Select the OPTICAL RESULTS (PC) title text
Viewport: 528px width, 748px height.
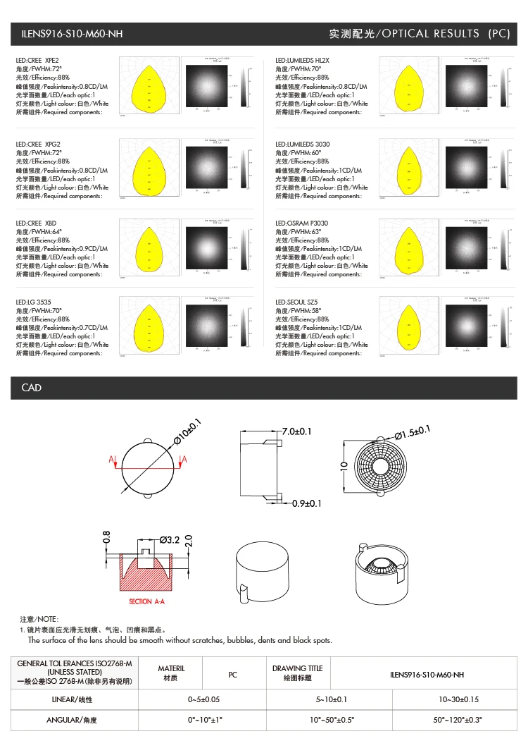tap(419, 34)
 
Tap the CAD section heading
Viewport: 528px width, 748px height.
tap(32, 388)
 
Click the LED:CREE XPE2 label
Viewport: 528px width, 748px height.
tap(38, 61)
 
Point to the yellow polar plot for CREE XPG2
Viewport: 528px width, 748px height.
tap(149, 166)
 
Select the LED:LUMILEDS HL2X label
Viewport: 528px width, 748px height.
tap(302, 61)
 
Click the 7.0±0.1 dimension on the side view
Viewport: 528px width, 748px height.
tap(296, 431)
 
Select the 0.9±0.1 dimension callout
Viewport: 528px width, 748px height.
tap(307, 503)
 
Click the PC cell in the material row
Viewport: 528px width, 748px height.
tap(233, 675)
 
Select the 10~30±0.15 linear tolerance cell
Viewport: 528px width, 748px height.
tap(459, 699)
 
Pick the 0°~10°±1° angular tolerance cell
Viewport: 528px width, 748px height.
tap(205, 721)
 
